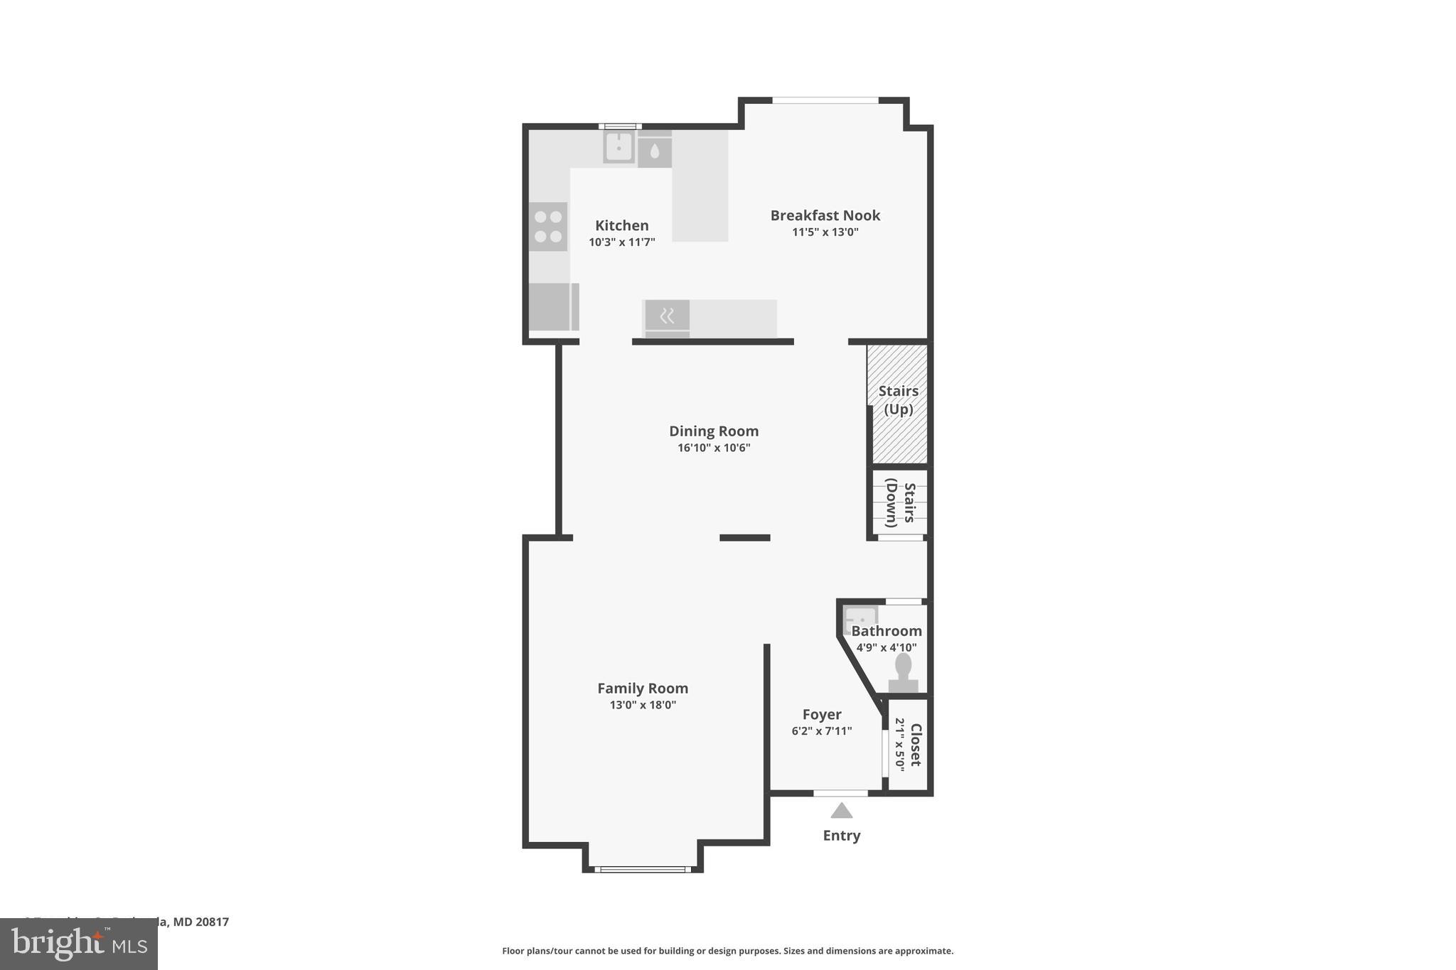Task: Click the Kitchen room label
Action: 621,226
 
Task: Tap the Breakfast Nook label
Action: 825,215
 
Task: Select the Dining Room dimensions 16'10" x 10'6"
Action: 714,448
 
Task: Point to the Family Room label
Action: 643,689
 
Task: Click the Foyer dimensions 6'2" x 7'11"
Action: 821,731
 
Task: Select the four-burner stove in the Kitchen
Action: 548,227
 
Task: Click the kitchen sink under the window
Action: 619,147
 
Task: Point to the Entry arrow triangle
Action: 841,811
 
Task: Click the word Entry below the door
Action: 841,836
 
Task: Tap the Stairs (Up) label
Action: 898,400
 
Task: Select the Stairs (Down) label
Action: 899,503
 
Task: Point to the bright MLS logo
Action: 79,944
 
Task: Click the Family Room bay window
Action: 643,868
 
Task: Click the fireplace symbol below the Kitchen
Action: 667,316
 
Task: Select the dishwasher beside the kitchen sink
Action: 655,150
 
